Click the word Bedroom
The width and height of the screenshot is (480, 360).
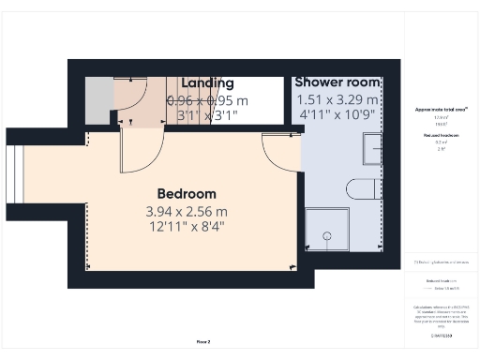186,194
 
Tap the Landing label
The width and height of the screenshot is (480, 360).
207,83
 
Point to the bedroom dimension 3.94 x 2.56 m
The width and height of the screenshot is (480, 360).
186,211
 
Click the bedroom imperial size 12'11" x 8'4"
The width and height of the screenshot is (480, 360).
186,226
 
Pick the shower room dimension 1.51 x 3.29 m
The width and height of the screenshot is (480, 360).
337,100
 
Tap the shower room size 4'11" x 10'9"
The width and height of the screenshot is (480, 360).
337,115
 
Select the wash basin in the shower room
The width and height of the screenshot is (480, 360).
372,148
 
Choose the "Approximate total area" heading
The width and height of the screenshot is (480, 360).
441,110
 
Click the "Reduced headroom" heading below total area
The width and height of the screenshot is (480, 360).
441,135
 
